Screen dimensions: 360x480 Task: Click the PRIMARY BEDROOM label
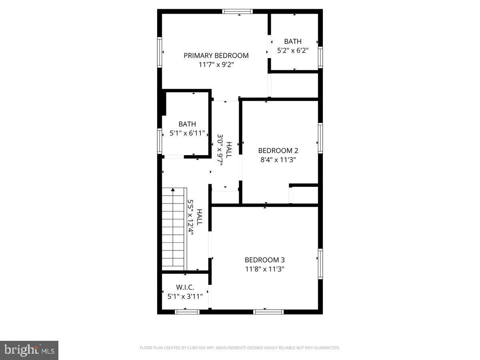(216, 56)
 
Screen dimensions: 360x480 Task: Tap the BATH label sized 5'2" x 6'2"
(293, 41)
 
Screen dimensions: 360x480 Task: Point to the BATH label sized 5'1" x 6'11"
(187, 124)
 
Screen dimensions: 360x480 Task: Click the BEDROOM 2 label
(278, 150)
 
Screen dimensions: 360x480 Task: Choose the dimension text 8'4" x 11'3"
(278, 159)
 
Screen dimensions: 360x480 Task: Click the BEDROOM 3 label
(264, 260)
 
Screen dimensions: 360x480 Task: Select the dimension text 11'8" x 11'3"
(264, 269)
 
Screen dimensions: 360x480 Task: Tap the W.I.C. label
(185, 287)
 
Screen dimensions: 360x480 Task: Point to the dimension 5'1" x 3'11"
(185, 296)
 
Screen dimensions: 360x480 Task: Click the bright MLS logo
(29, 350)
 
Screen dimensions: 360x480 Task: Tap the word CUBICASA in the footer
(196, 348)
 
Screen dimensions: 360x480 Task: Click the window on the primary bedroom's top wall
(238, 11)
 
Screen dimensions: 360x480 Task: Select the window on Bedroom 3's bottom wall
(268, 312)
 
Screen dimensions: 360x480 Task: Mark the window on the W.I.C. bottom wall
(187, 312)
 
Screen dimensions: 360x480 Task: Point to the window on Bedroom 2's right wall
(320, 138)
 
